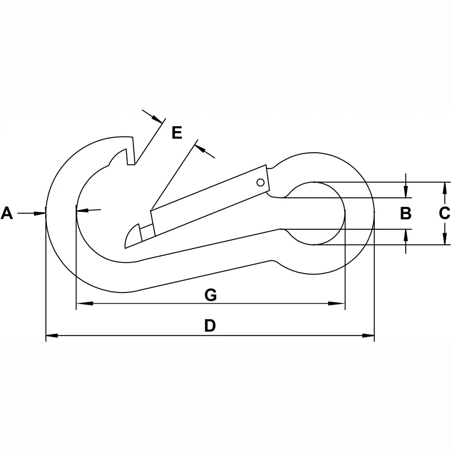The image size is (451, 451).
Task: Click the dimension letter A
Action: click(7, 213)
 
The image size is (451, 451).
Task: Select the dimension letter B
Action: click(406, 213)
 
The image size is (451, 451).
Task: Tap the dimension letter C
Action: click(445, 213)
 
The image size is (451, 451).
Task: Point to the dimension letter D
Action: click(210, 325)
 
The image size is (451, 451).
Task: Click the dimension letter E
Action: click(177, 133)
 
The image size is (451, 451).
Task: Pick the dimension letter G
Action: click(210, 295)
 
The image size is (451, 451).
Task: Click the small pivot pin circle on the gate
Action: click(260, 182)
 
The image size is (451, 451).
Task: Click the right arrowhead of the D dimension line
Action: click(369, 335)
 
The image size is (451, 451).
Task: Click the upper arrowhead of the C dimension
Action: click(445, 187)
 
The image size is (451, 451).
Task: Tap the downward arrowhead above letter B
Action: click(406, 192)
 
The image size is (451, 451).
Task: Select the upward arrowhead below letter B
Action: click(406, 235)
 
